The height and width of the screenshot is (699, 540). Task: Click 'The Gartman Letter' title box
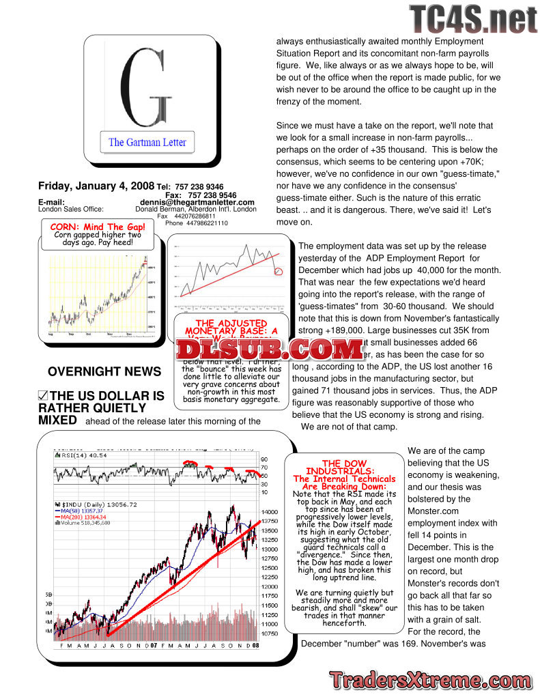pyautogui.click(x=147, y=143)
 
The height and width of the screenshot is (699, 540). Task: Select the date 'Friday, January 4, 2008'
pyautogui.click(x=96, y=186)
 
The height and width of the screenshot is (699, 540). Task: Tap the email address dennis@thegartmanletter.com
pyautogui.click(x=197, y=202)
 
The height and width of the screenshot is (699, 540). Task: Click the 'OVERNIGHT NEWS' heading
pyautogui.click(x=104, y=372)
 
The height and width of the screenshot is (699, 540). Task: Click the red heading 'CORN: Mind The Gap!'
pyautogui.click(x=98, y=227)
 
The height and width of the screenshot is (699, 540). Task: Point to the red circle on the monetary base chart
pyautogui.click(x=278, y=272)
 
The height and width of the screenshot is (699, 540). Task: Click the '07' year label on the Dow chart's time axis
pyautogui.click(x=154, y=645)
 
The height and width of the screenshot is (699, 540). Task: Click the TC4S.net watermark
pyautogui.click(x=472, y=19)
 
